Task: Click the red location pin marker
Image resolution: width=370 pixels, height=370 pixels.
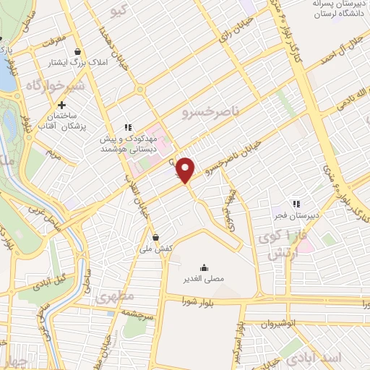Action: pos(186,169)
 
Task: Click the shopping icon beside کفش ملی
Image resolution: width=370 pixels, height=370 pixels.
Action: pos(155,236)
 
